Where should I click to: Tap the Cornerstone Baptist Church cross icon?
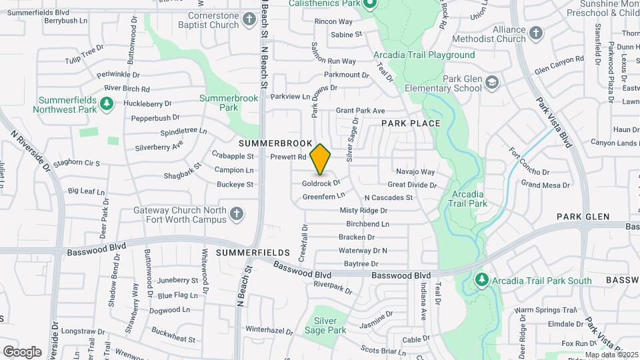pyautogui.click(x=249, y=19)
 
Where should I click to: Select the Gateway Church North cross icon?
pyautogui.click(x=235, y=214)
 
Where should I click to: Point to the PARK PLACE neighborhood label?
pyautogui.click(x=411, y=123)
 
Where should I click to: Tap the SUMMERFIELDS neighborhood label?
pyautogui.click(x=253, y=253)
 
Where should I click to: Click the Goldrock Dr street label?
pyautogui.click(x=321, y=183)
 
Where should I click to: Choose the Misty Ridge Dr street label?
pyautogui.click(x=363, y=210)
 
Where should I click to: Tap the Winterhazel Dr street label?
pyautogui.click(x=270, y=329)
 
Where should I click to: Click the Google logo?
pyautogui.click(x=22, y=351)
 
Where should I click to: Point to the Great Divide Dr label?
pyautogui.click(x=412, y=185)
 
